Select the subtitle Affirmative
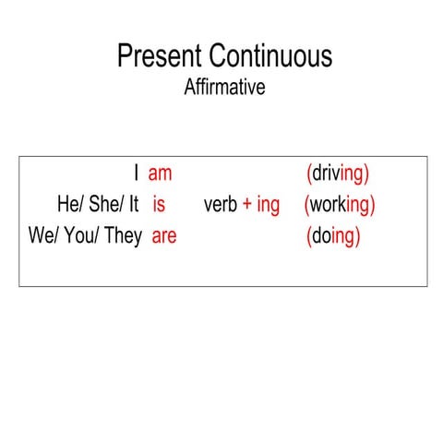tap(225, 89)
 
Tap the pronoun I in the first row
tap(136, 174)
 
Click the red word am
tap(161, 174)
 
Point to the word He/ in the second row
tap(70, 205)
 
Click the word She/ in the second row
tap(108, 205)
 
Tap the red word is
tap(159, 205)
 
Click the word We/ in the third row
tap(43, 236)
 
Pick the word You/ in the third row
tap(81, 236)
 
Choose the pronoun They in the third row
tap(124, 236)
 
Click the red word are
tap(163, 236)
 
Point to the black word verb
tap(221, 205)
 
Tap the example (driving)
tap(337, 174)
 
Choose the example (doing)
tap(333, 237)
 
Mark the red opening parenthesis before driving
tap(308, 174)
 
